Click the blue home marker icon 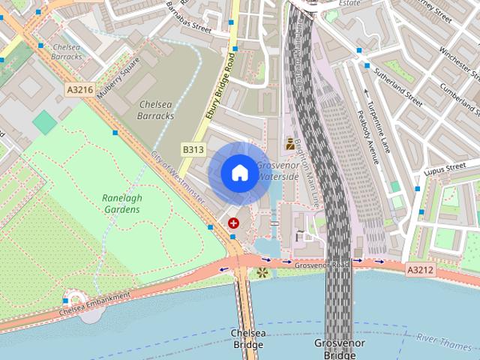[x=238, y=172]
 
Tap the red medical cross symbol [x=234, y=223]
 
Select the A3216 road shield [x=79, y=90]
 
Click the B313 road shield [x=193, y=150]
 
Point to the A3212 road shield [x=420, y=268]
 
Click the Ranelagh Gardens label [x=121, y=203]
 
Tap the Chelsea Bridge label [x=247, y=338]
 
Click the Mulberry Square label [x=119, y=72]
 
